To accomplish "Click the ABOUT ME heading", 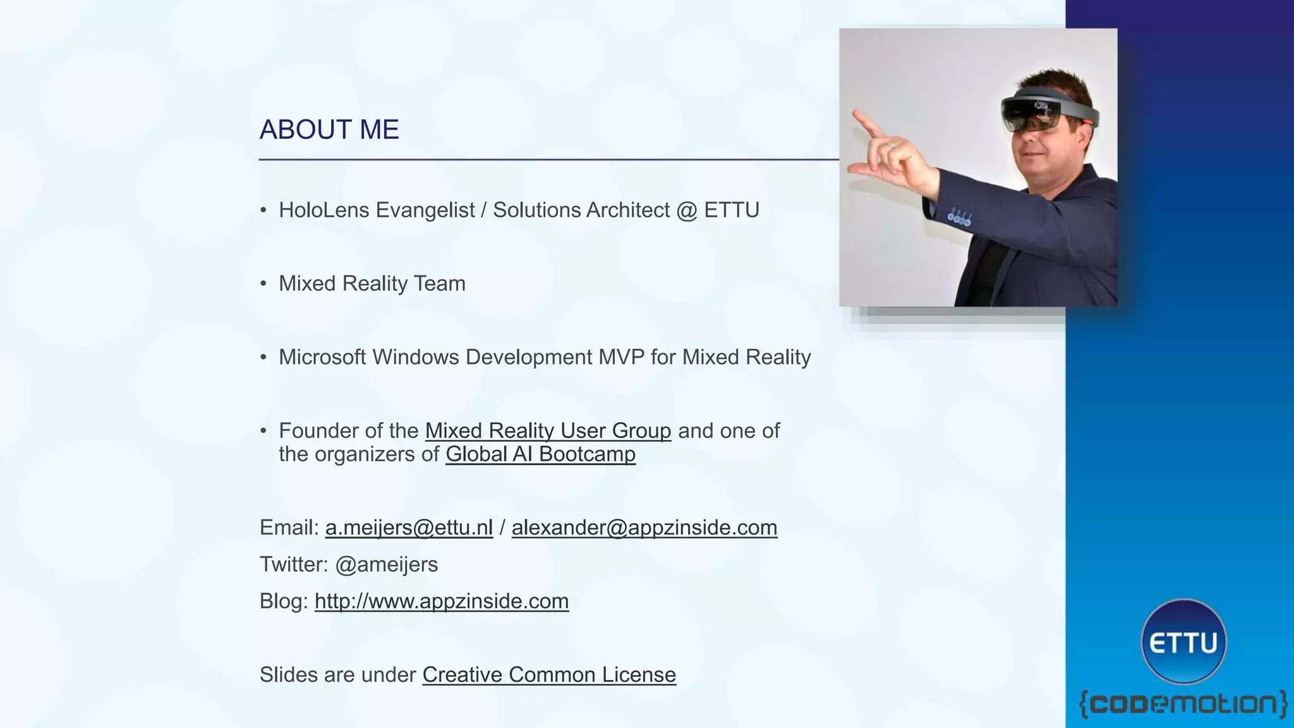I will pyautogui.click(x=329, y=130).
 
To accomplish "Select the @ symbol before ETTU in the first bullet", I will pyautogui.click(x=686, y=210).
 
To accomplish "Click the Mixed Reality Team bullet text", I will pyautogui.click(x=372, y=284).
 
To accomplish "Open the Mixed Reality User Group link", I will pyautogui.click(x=548, y=431).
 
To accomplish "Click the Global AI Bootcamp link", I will pyautogui.click(x=540, y=454).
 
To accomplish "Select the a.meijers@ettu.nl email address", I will pyautogui.click(x=409, y=528).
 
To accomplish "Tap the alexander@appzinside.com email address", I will pyautogui.click(x=644, y=528).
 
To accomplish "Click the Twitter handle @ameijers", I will pyautogui.click(x=386, y=564).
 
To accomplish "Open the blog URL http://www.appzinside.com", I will pyautogui.click(x=442, y=601).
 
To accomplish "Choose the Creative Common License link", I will pyautogui.click(x=549, y=675).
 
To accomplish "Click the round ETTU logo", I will pyautogui.click(x=1183, y=642).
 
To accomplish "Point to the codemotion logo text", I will pyautogui.click(x=1183, y=704).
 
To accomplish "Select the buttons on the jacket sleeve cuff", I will pyautogui.click(x=959, y=219).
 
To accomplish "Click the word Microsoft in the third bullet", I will pyautogui.click(x=322, y=358).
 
